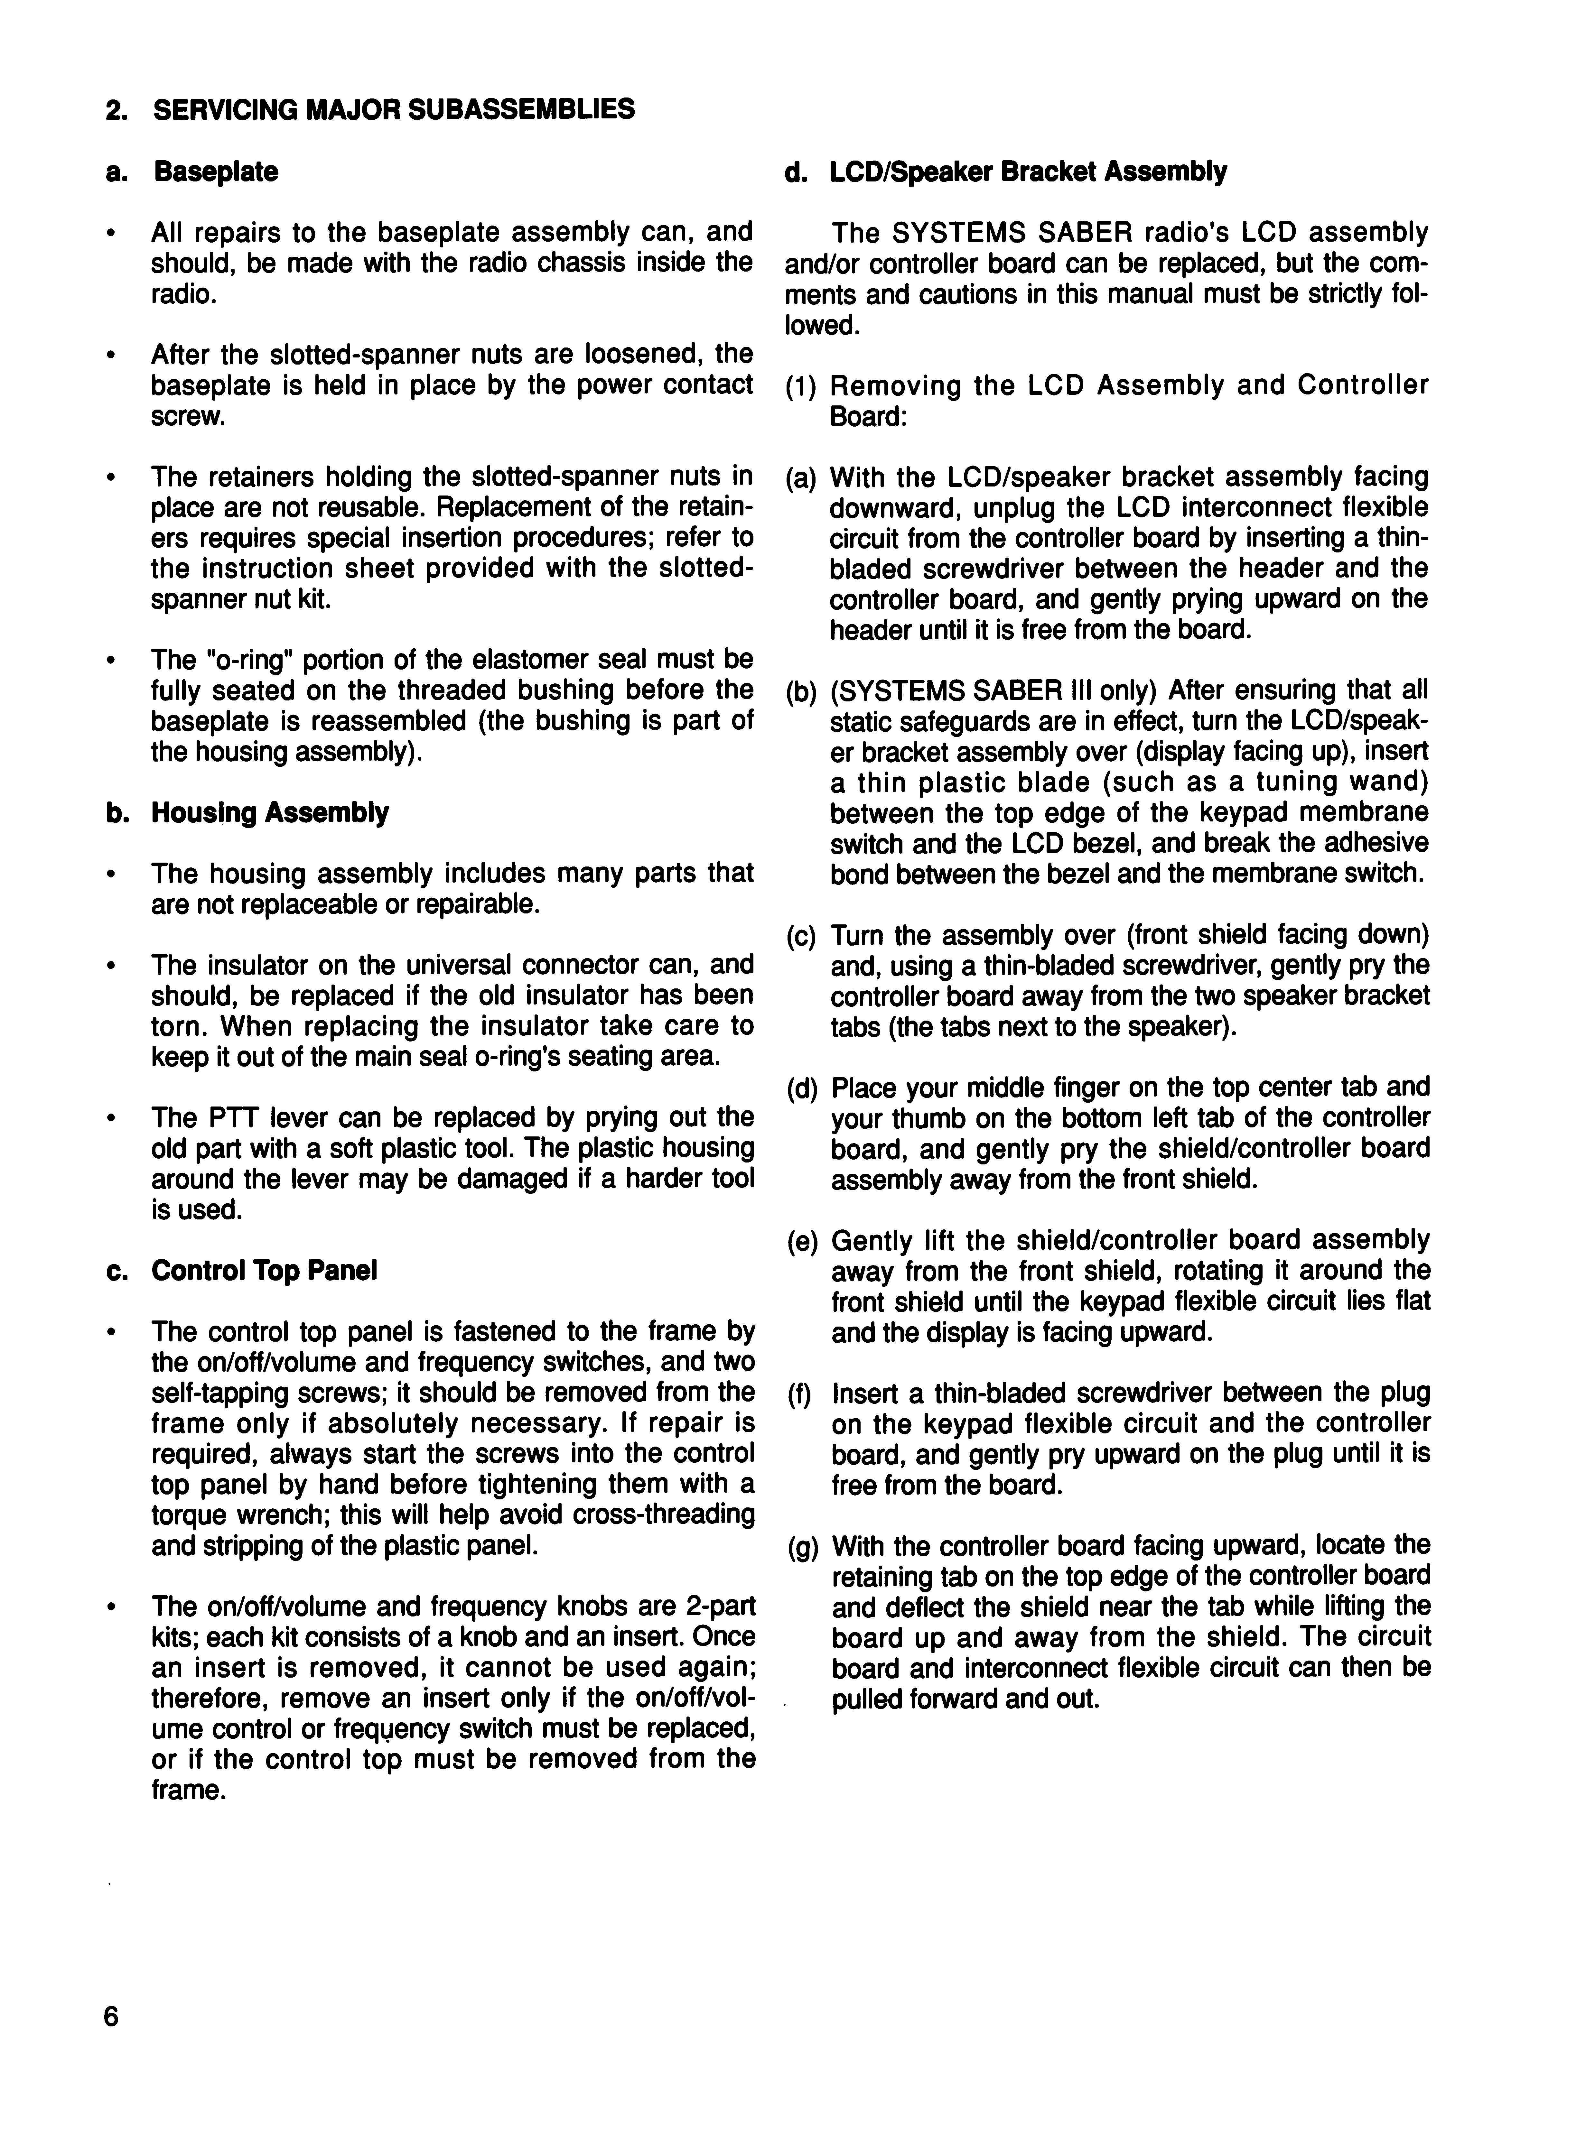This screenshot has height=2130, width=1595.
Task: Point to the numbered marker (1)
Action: click(800, 386)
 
